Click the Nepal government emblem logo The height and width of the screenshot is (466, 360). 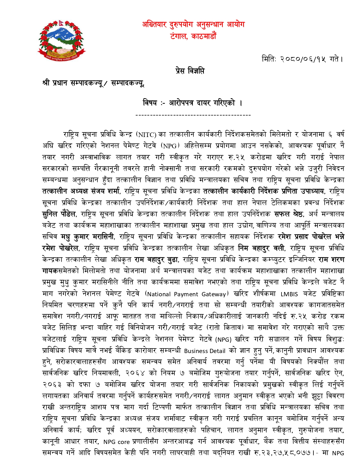61,41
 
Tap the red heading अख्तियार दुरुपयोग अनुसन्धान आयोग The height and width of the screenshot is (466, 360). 193,25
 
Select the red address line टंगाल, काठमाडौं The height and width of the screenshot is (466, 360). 193,36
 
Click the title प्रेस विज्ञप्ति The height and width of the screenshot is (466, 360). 190,71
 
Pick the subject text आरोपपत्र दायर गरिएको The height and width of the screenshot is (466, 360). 202,103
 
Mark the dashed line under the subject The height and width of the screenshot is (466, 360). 193,115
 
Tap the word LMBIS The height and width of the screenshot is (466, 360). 289,294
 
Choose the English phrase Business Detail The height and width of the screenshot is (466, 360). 205,351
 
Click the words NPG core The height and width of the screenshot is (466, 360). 116,442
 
